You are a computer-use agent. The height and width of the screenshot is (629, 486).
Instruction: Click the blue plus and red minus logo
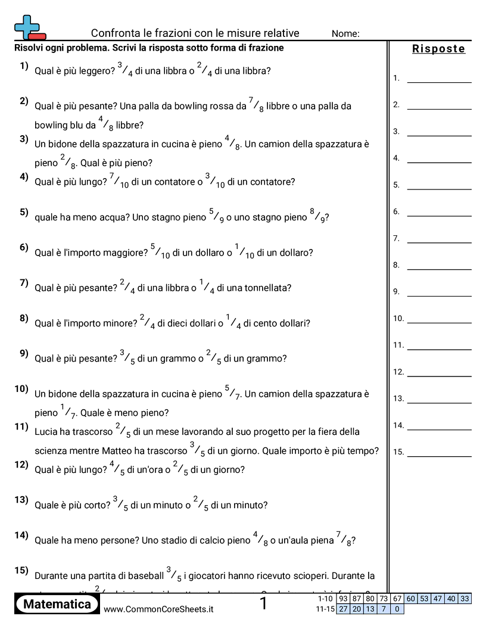coord(30,27)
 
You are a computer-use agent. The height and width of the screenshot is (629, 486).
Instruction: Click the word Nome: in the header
coord(345,34)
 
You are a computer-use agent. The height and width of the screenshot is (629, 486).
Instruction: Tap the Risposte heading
coord(438,49)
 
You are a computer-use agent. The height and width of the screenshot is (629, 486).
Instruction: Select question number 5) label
coord(24,212)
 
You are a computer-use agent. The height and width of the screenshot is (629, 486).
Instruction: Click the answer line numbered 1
coord(439,79)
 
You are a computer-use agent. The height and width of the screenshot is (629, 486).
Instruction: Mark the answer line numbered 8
coord(439,266)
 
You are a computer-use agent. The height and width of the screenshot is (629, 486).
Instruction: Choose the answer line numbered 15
coord(439,453)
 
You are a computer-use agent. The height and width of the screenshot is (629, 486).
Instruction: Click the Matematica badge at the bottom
coord(57,604)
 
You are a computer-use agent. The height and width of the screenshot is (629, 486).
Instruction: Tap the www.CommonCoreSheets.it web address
coord(158,609)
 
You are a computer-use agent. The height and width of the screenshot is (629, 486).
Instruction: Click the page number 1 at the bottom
coord(263,604)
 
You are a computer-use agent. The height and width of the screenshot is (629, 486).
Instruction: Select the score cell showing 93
coord(343,599)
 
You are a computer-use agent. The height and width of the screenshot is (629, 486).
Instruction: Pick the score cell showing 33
coord(465,599)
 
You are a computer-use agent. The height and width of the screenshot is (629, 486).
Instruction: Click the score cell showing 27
coord(343,609)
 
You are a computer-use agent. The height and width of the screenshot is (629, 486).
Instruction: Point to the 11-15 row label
coord(325,609)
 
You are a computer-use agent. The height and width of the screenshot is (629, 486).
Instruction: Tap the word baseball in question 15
coord(145,576)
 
